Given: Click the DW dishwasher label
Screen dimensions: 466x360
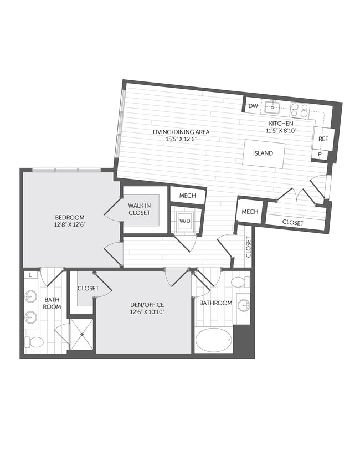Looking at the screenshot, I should (x=253, y=106).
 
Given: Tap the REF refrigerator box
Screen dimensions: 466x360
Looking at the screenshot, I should (x=323, y=139).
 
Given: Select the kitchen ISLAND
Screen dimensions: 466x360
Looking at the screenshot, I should (x=264, y=153).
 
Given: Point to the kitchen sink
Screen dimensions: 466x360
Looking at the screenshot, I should (x=272, y=106).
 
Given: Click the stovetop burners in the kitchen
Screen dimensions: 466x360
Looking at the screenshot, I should (x=300, y=110).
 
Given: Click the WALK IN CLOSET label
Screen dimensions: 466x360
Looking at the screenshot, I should (x=139, y=209).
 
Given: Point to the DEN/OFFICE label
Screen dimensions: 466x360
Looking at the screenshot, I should (x=144, y=305).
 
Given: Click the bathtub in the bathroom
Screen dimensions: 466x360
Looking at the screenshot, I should (x=214, y=340).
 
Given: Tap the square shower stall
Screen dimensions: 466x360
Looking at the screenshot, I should (x=81, y=334).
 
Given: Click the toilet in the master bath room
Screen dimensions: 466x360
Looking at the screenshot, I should (x=35, y=342).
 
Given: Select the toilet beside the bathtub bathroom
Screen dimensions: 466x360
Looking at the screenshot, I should (x=238, y=282).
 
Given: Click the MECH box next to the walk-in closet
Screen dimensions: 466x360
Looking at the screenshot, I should (x=187, y=196).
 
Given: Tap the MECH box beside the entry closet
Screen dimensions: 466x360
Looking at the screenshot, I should (x=250, y=212).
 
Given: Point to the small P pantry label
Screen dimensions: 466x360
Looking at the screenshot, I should (x=320, y=155).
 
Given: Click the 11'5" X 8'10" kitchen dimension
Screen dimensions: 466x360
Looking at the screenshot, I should (x=281, y=131).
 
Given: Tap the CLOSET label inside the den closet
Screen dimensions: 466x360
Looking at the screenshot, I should (x=88, y=288).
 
